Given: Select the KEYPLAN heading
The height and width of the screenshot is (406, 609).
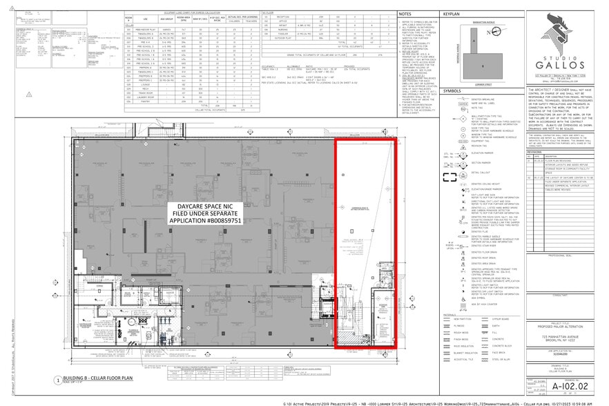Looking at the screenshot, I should pos(452,13).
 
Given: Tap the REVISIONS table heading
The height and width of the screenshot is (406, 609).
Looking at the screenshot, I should pos(538,134).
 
